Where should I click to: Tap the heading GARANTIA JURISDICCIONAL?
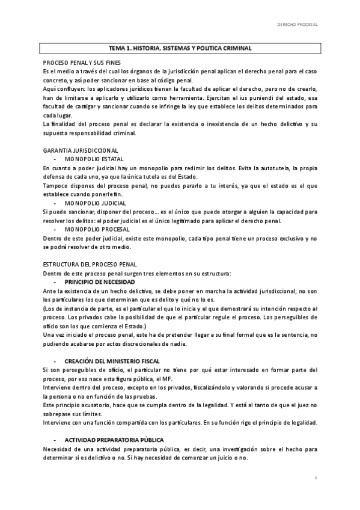coord(81,150)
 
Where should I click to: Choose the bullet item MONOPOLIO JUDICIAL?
coord(91,204)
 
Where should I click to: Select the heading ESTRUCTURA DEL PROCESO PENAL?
coord(90,265)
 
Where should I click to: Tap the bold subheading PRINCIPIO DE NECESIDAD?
coord(99,282)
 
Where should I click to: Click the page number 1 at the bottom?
coord(316,476)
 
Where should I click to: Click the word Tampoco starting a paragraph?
coord(55,186)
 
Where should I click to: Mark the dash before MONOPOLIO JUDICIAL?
coord(55,204)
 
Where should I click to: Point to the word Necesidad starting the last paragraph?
coord(58,449)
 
